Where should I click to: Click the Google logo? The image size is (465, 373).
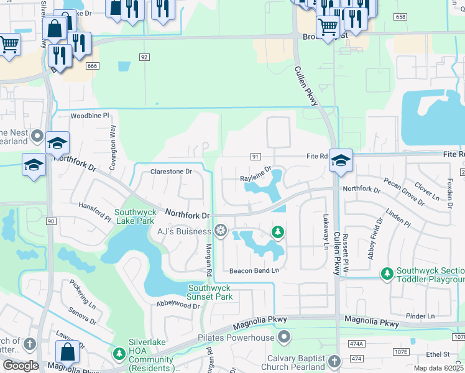click(x=21, y=366)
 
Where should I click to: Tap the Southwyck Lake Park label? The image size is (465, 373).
click(x=134, y=216)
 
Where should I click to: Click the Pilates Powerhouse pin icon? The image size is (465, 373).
click(x=285, y=338)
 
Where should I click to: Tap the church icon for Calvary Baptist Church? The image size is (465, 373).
click(x=334, y=361)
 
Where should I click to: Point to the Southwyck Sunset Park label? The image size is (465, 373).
click(x=210, y=292)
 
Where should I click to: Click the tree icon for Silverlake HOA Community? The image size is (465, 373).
click(x=119, y=354)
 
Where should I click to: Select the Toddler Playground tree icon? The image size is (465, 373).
click(x=387, y=273)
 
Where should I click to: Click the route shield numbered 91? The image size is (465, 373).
click(x=256, y=157)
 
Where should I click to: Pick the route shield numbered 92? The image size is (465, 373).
click(x=144, y=57)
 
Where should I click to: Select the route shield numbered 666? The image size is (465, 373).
click(x=93, y=66)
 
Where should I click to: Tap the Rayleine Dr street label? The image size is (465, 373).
click(x=256, y=174)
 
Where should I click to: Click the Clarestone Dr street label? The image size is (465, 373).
click(x=172, y=171)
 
